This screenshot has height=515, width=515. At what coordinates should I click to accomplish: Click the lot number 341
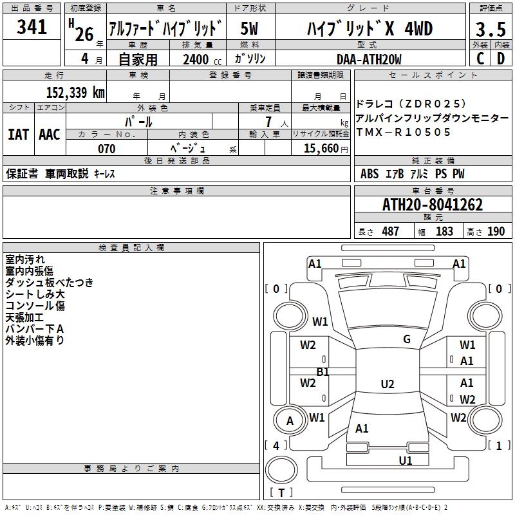pyautogui.click(x=32, y=28)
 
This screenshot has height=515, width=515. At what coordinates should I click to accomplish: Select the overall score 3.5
pyautogui.click(x=490, y=30)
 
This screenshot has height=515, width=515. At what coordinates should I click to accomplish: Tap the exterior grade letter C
pyautogui.click(x=480, y=59)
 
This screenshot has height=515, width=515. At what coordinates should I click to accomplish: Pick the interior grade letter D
pyautogui.click(x=500, y=59)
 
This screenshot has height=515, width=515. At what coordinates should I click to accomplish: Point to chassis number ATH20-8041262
pyautogui.click(x=432, y=205)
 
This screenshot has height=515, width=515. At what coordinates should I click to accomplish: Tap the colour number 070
pyautogui.click(x=106, y=149)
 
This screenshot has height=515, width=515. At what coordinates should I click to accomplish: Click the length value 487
pyautogui.click(x=390, y=232)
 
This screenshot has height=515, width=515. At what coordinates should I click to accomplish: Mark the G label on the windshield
pyautogui.click(x=407, y=339)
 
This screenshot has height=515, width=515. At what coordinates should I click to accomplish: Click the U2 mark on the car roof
pyautogui.click(x=387, y=384)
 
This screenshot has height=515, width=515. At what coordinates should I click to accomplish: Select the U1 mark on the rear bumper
pyautogui.click(x=405, y=460)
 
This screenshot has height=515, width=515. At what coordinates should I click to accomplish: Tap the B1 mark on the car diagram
pyautogui.click(x=323, y=372)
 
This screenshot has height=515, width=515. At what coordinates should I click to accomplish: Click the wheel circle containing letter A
pyautogui.click(x=290, y=421)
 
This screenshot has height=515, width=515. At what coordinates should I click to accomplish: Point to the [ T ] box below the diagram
pyautogui.click(x=281, y=493)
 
